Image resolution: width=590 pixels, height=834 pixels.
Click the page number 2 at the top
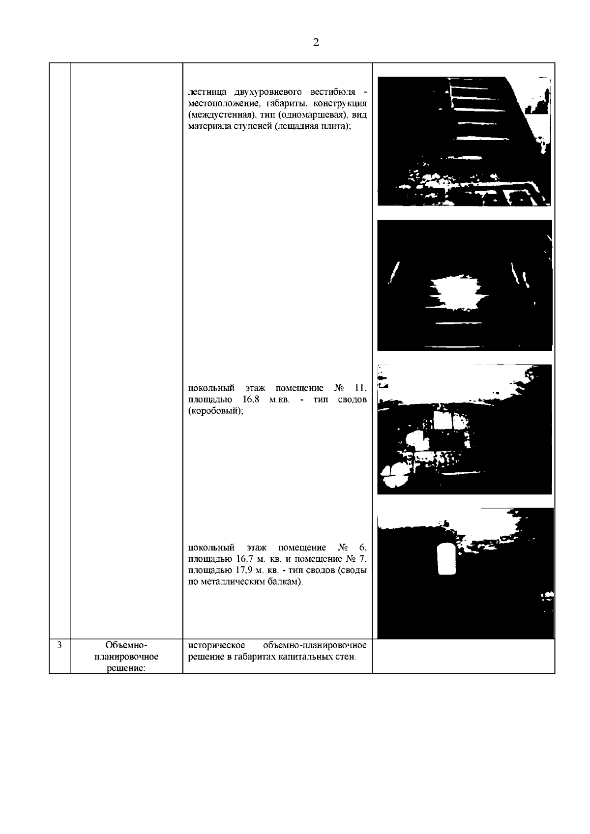(316, 42)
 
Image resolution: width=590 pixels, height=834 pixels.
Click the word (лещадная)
(297, 126)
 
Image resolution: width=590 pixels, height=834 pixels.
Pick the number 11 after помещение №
(360, 388)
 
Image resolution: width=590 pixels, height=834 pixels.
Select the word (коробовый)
(215, 411)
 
